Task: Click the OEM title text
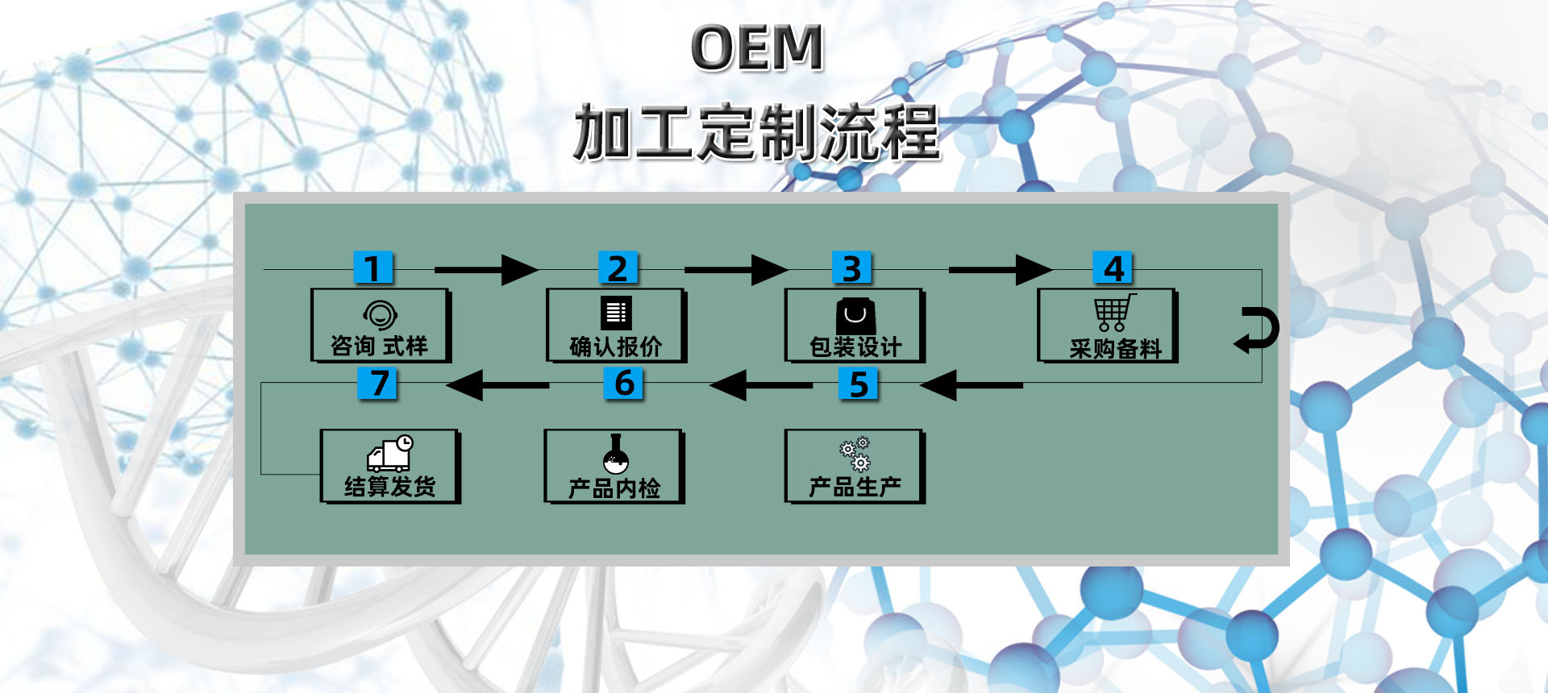click(x=757, y=48)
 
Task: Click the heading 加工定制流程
click(x=756, y=132)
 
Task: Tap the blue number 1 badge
click(x=373, y=268)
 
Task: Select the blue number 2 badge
click(x=618, y=268)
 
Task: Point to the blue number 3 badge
click(x=852, y=268)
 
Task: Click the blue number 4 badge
click(x=1113, y=268)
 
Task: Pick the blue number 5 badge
click(x=859, y=384)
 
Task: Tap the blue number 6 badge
click(x=624, y=383)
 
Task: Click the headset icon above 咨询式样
click(x=379, y=313)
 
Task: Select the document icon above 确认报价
click(x=617, y=313)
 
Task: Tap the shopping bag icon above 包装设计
click(x=855, y=315)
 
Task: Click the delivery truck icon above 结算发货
click(x=390, y=454)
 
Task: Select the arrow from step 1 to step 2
click(x=486, y=269)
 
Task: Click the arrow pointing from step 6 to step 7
click(x=497, y=384)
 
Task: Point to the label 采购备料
click(x=1115, y=349)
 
